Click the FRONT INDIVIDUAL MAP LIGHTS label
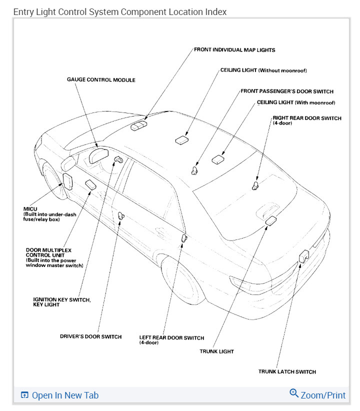coord(234,50)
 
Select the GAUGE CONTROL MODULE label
coord(101,79)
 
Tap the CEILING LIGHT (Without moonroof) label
coord(263,70)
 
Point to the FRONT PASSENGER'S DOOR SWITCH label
coord(287,91)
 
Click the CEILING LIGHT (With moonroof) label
coord(295,102)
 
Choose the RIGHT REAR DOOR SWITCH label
coord(307,118)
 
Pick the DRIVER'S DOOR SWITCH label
coord(90,336)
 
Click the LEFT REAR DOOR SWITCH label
coord(171,338)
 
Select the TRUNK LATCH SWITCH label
coord(287,371)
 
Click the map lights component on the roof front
coord(139,125)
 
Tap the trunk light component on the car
coord(271,220)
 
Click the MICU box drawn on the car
coord(67,181)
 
